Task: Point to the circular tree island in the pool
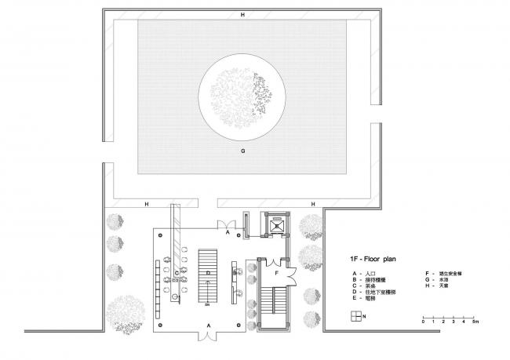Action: [x=243, y=99]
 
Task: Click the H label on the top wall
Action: [x=243, y=15]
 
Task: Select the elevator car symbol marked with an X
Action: [x=275, y=224]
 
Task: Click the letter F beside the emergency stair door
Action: [x=276, y=273]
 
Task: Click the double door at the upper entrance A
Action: [x=227, y=224]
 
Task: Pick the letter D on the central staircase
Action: [x=208, y=273]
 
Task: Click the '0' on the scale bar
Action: [x=423, y=322]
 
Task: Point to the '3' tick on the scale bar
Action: [x=454, y=322]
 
